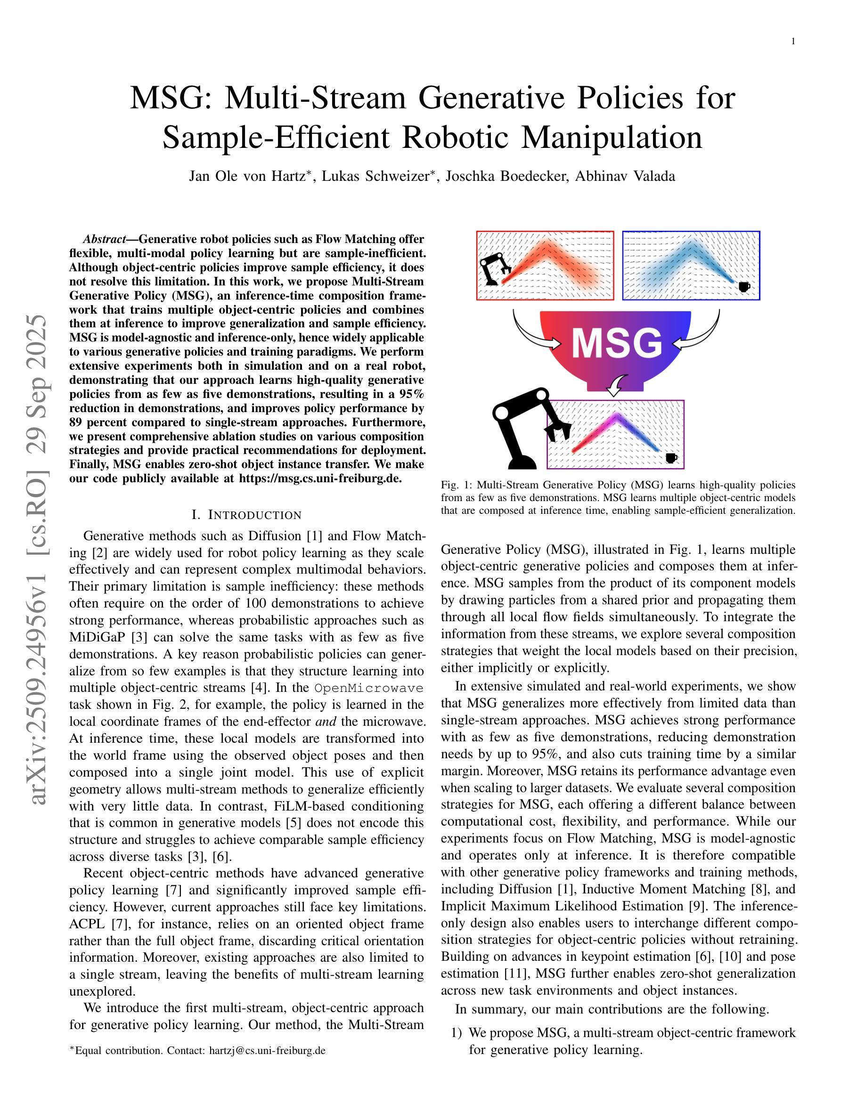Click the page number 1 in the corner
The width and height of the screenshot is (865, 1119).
tap(793, 41)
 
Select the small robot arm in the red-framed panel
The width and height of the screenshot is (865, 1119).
tap(493, 268)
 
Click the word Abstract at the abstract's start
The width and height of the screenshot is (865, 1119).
tap(104, 239)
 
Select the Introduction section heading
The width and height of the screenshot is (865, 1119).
tap(246, 514)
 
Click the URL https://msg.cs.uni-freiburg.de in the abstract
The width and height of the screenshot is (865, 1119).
tap(320, 478)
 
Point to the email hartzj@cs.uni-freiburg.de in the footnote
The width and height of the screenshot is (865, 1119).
tap(267, 1050)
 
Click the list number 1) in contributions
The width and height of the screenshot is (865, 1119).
tap(457, 1032)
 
